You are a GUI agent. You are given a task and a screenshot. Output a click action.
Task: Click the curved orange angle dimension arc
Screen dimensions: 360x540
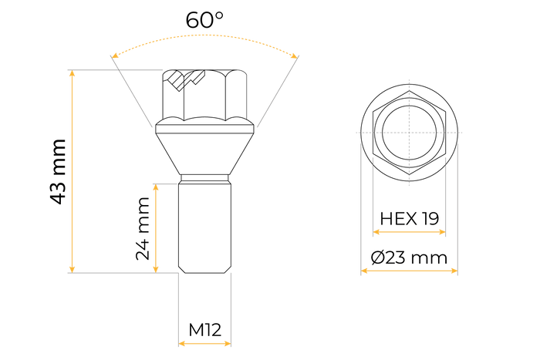[205, 34]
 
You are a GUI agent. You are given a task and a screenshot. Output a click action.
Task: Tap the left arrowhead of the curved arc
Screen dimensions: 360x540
[114, 55]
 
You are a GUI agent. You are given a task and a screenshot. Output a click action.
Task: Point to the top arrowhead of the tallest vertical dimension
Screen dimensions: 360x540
[73, 73]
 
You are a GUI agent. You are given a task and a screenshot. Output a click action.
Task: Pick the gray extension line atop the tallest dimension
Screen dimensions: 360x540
[116, 70]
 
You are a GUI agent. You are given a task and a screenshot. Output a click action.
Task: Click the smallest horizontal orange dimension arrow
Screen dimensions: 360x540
[204, 343]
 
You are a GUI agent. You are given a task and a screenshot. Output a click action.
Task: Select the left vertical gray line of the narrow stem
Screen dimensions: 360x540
[179, 308]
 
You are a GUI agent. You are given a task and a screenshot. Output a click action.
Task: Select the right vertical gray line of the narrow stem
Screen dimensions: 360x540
[231, 308]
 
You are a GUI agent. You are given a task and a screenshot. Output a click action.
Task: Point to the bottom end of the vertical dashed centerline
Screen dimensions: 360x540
[409, 187]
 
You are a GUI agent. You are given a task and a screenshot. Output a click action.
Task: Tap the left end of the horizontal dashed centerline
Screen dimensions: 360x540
[356, 133]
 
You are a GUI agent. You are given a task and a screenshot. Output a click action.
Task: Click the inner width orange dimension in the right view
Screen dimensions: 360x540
[409, 231]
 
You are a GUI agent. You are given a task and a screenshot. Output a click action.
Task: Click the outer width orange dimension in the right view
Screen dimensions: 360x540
[409, 270]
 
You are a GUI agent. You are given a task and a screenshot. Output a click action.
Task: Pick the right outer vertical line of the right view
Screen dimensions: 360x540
[459, 208]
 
